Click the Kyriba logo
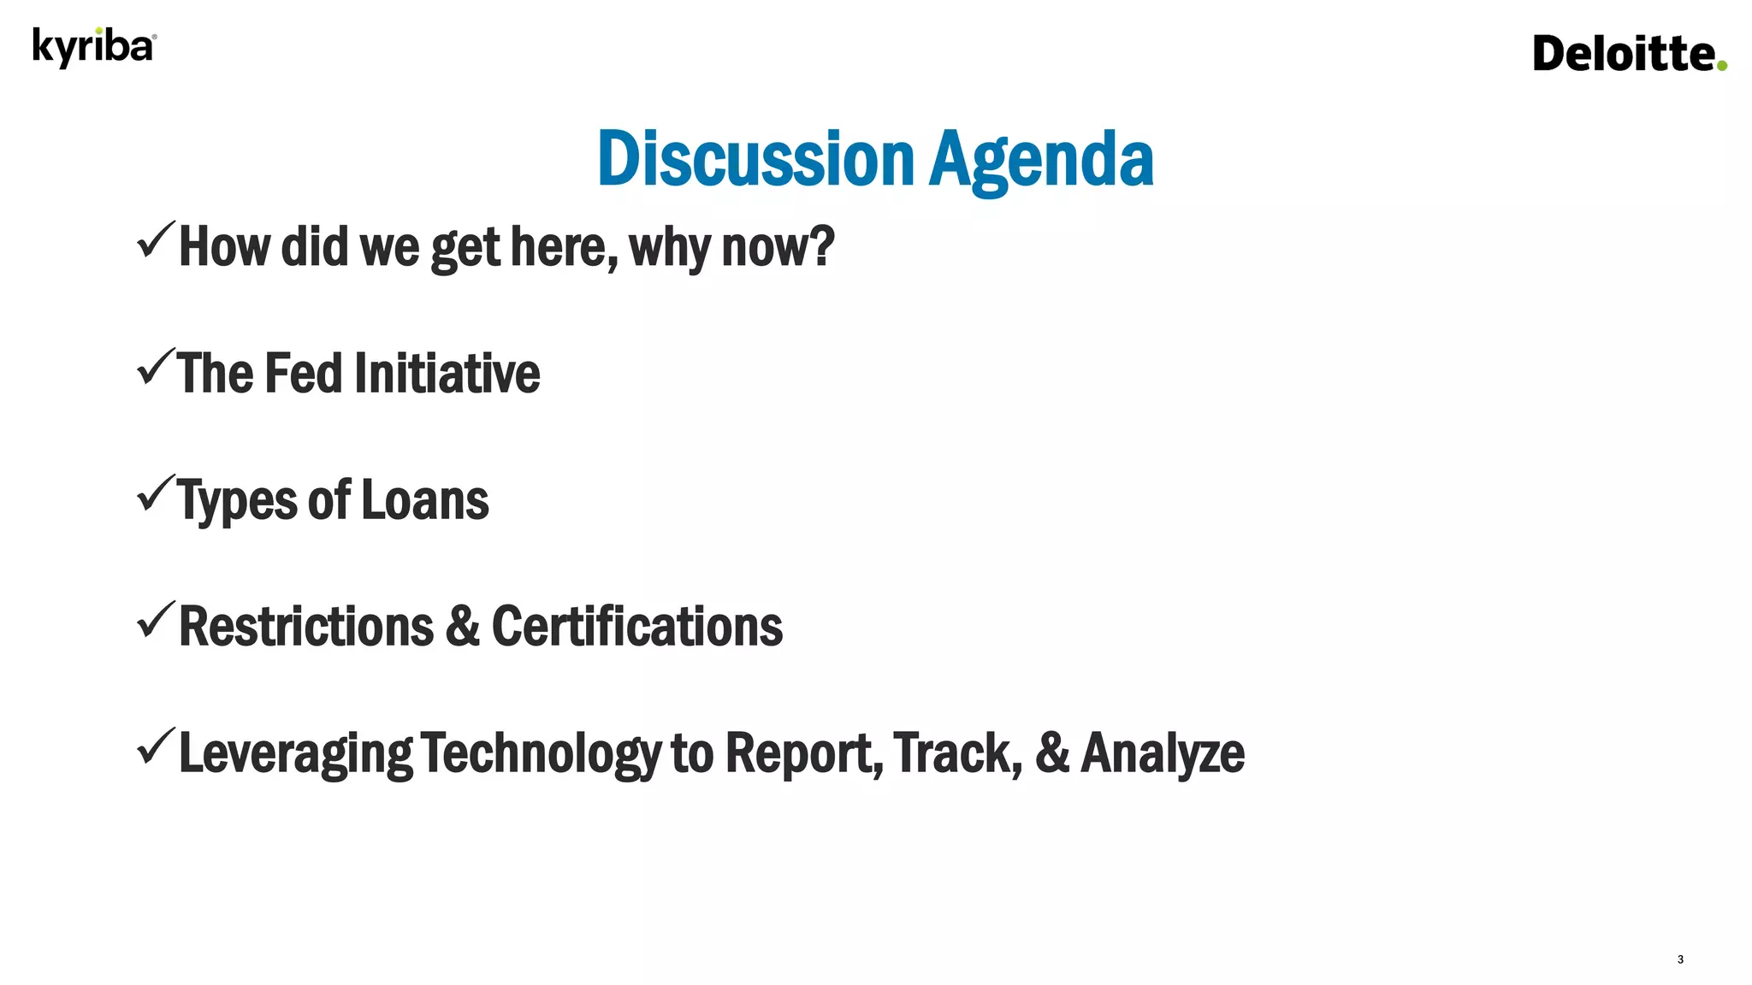tap(94, 47)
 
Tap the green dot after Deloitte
tap(1721, 65)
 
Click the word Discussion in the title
tap(756, 159)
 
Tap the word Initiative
tap(447, 374)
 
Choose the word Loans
tap(425, 500)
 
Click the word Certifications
tap(636, 627)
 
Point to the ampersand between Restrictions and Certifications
tap(463, 627)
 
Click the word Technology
tap(541, 753)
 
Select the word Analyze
tap(1163, 753)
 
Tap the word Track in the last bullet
tap(957, 753)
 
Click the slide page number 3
tap(1680, 959)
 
